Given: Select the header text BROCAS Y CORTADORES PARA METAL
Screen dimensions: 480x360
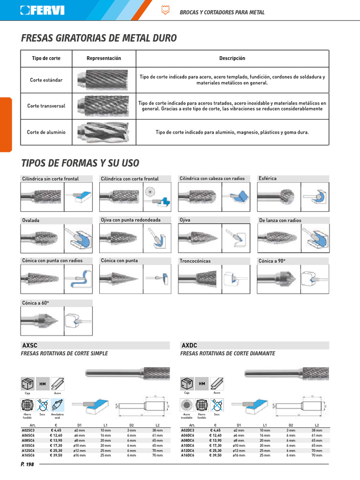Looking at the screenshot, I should [x=222, y=12].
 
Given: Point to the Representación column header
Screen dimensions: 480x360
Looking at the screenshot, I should [x=104, y=58].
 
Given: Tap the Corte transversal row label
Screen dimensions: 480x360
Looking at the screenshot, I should [x=46, y=106].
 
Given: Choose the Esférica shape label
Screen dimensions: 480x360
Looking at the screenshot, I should [x=268, y=179].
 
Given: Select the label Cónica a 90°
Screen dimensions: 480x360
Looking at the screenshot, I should [x=272, y=260].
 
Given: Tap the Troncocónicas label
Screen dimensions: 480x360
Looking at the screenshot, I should [x=195, y=261].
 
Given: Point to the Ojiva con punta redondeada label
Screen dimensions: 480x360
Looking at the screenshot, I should [x=131, y=220].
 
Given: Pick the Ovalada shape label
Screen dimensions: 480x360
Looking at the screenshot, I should [x=31, y=220].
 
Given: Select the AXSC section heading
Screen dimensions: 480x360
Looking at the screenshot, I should [x=29, y=345].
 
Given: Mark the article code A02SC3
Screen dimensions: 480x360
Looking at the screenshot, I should [x=29, y=429].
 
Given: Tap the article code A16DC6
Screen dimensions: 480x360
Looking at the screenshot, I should [x=188, y=455].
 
